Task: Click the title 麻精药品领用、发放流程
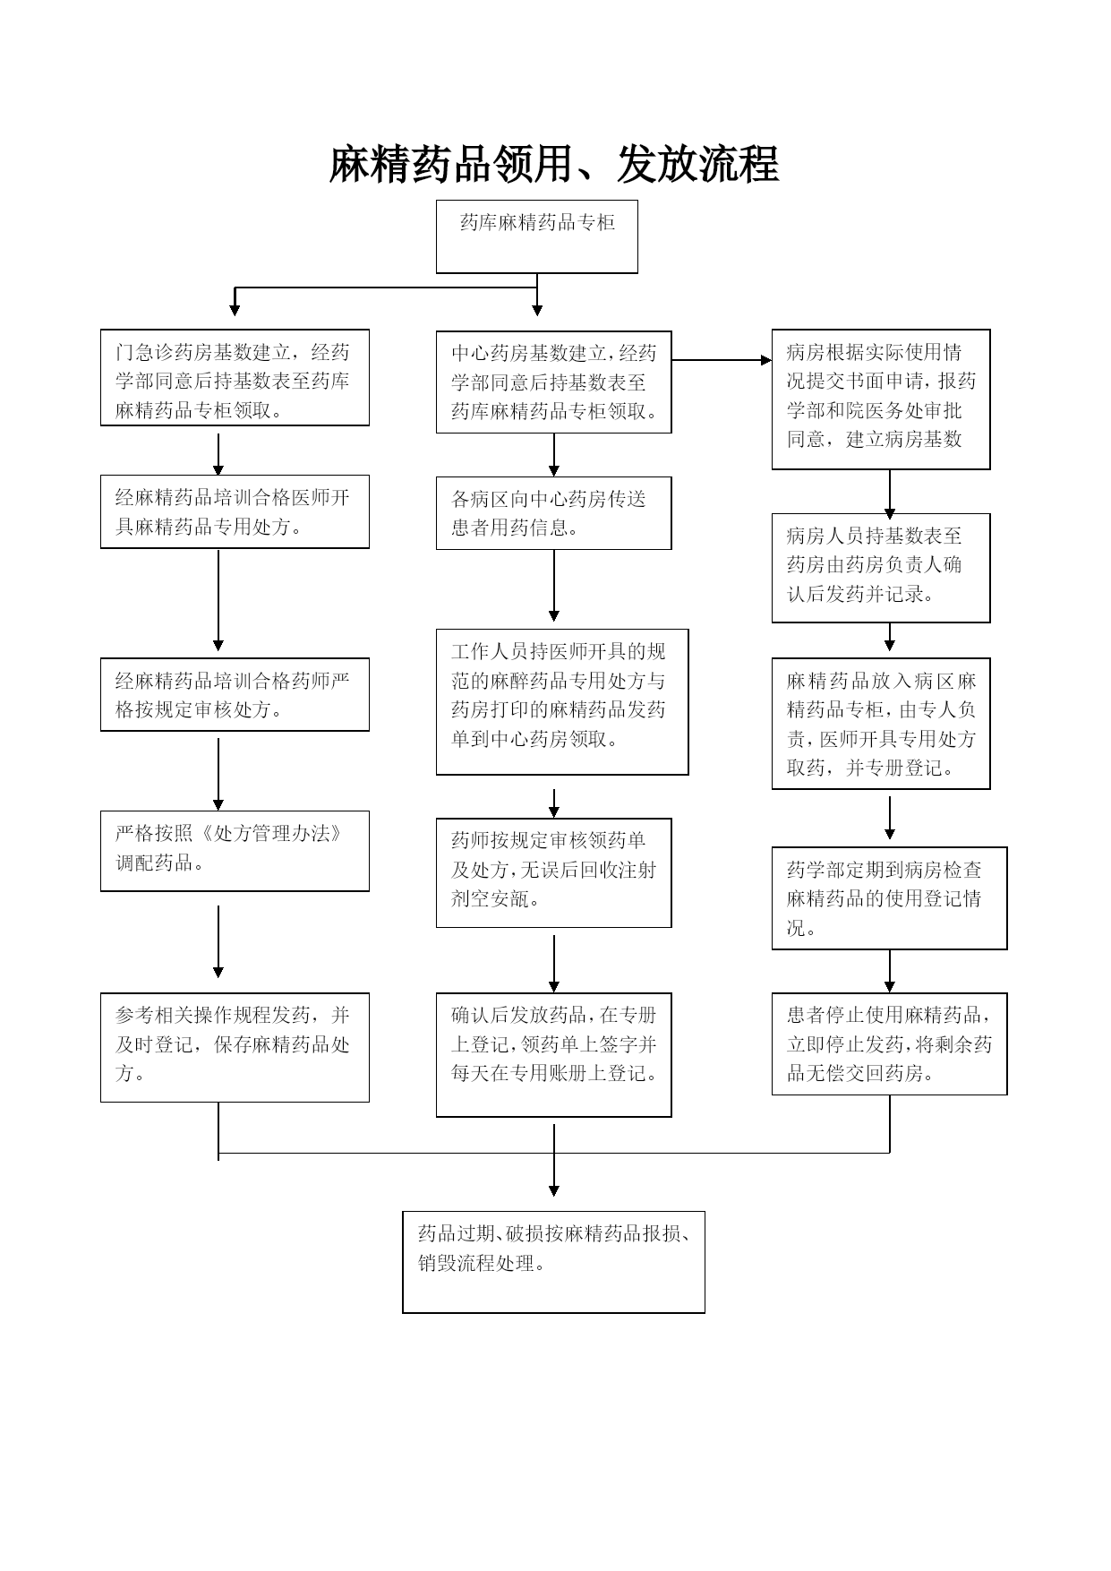[x=554, y=165]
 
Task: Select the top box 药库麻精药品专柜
[x=537, y=236]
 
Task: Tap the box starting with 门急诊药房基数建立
[x=235, y=377]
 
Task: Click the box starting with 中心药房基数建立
[x=554, y=382]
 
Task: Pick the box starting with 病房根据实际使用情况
[x=881, y=399]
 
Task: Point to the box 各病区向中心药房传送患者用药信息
[x=554, y=513]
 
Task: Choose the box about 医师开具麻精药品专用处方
[x=235, y=511]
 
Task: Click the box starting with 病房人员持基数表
[x=881, y=568]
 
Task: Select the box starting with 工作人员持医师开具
[x=562, y=701]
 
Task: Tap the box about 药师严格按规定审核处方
[x=235, y=695]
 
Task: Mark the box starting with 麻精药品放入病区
[x=881, y=724]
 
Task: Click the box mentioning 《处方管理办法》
[x=235, y=851]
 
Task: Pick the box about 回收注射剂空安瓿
[x=554, y=872]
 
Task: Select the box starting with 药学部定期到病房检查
[x=890, y=898]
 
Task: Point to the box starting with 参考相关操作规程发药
[x=235, y=1047]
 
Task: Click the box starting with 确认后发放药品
[x=554, y=1055]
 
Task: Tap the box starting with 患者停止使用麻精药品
[x=890, y=1043]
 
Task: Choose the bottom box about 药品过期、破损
[x=554, y=1262]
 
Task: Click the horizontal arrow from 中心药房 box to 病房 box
[x=722, y=360]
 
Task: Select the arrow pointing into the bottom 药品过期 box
[x=554, y=1161]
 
